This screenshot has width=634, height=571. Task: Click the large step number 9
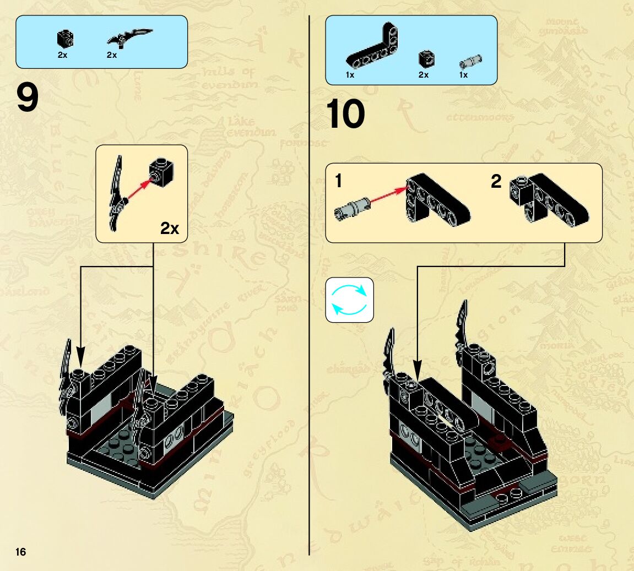point(28,97)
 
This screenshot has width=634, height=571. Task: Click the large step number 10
point(345,115)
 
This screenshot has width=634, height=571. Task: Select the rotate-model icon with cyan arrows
point(349,300)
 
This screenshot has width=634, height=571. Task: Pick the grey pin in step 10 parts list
point(470,60)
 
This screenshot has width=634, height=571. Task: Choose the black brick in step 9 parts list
point(65,39)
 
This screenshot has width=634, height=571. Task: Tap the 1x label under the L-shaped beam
point(350,75)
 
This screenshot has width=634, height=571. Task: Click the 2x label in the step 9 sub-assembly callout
point(170,228)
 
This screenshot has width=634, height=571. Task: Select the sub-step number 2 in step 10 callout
point(496,181)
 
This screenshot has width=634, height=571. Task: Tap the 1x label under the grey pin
point(464,75)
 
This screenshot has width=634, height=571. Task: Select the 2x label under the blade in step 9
point(112,55)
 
